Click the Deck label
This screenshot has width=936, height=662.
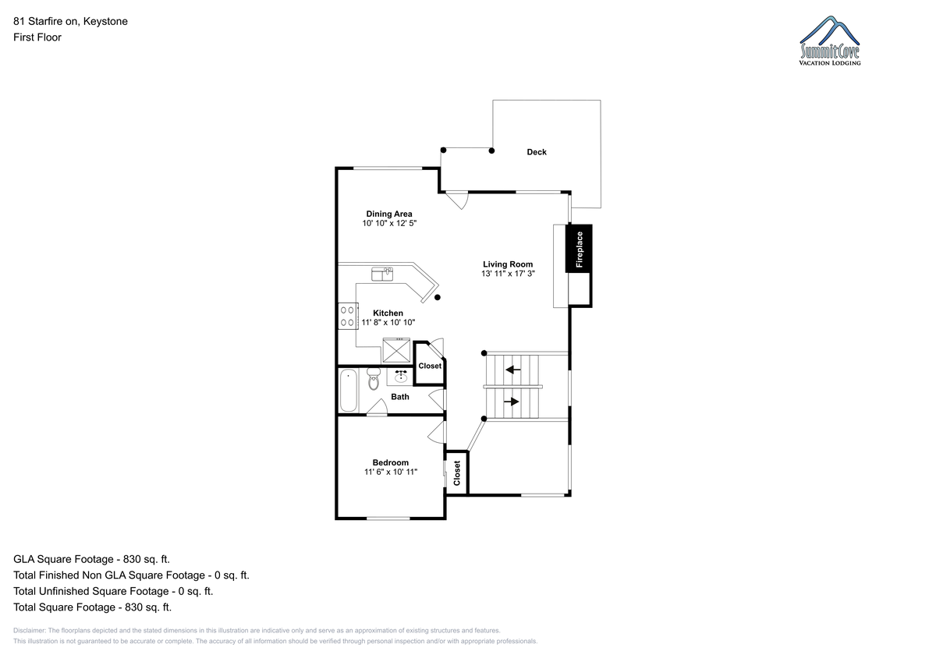pos(537,152)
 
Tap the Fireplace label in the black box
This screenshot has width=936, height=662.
pos(579,250)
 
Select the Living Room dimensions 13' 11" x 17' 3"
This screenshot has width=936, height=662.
pos(508,274)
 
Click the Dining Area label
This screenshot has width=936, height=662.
pos(389,214)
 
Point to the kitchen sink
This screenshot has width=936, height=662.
pos(382,274)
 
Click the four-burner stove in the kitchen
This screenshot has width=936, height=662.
pos(348,316)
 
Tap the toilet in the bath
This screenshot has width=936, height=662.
pos(373,379)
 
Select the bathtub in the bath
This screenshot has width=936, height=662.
pos(349,391)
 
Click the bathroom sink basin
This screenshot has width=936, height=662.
pos(401,377)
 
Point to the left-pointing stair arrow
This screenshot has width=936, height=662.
pos(513,370)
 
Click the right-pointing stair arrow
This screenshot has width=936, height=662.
pos(512,402)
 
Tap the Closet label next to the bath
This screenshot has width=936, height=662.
pos(430,366)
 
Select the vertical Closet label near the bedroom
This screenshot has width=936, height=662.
pos(457,473)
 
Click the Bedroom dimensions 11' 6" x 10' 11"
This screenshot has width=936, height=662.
pos(391,472)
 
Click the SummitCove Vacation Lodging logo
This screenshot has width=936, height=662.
pos(829,41)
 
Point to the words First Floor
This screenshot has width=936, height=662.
pos(37,37)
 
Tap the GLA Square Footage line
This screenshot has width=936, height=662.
pos(91,559)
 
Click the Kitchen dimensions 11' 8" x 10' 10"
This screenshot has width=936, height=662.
pos(388,323)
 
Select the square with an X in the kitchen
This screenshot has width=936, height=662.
pos(396,350)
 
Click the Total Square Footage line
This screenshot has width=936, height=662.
pos(92,607)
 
